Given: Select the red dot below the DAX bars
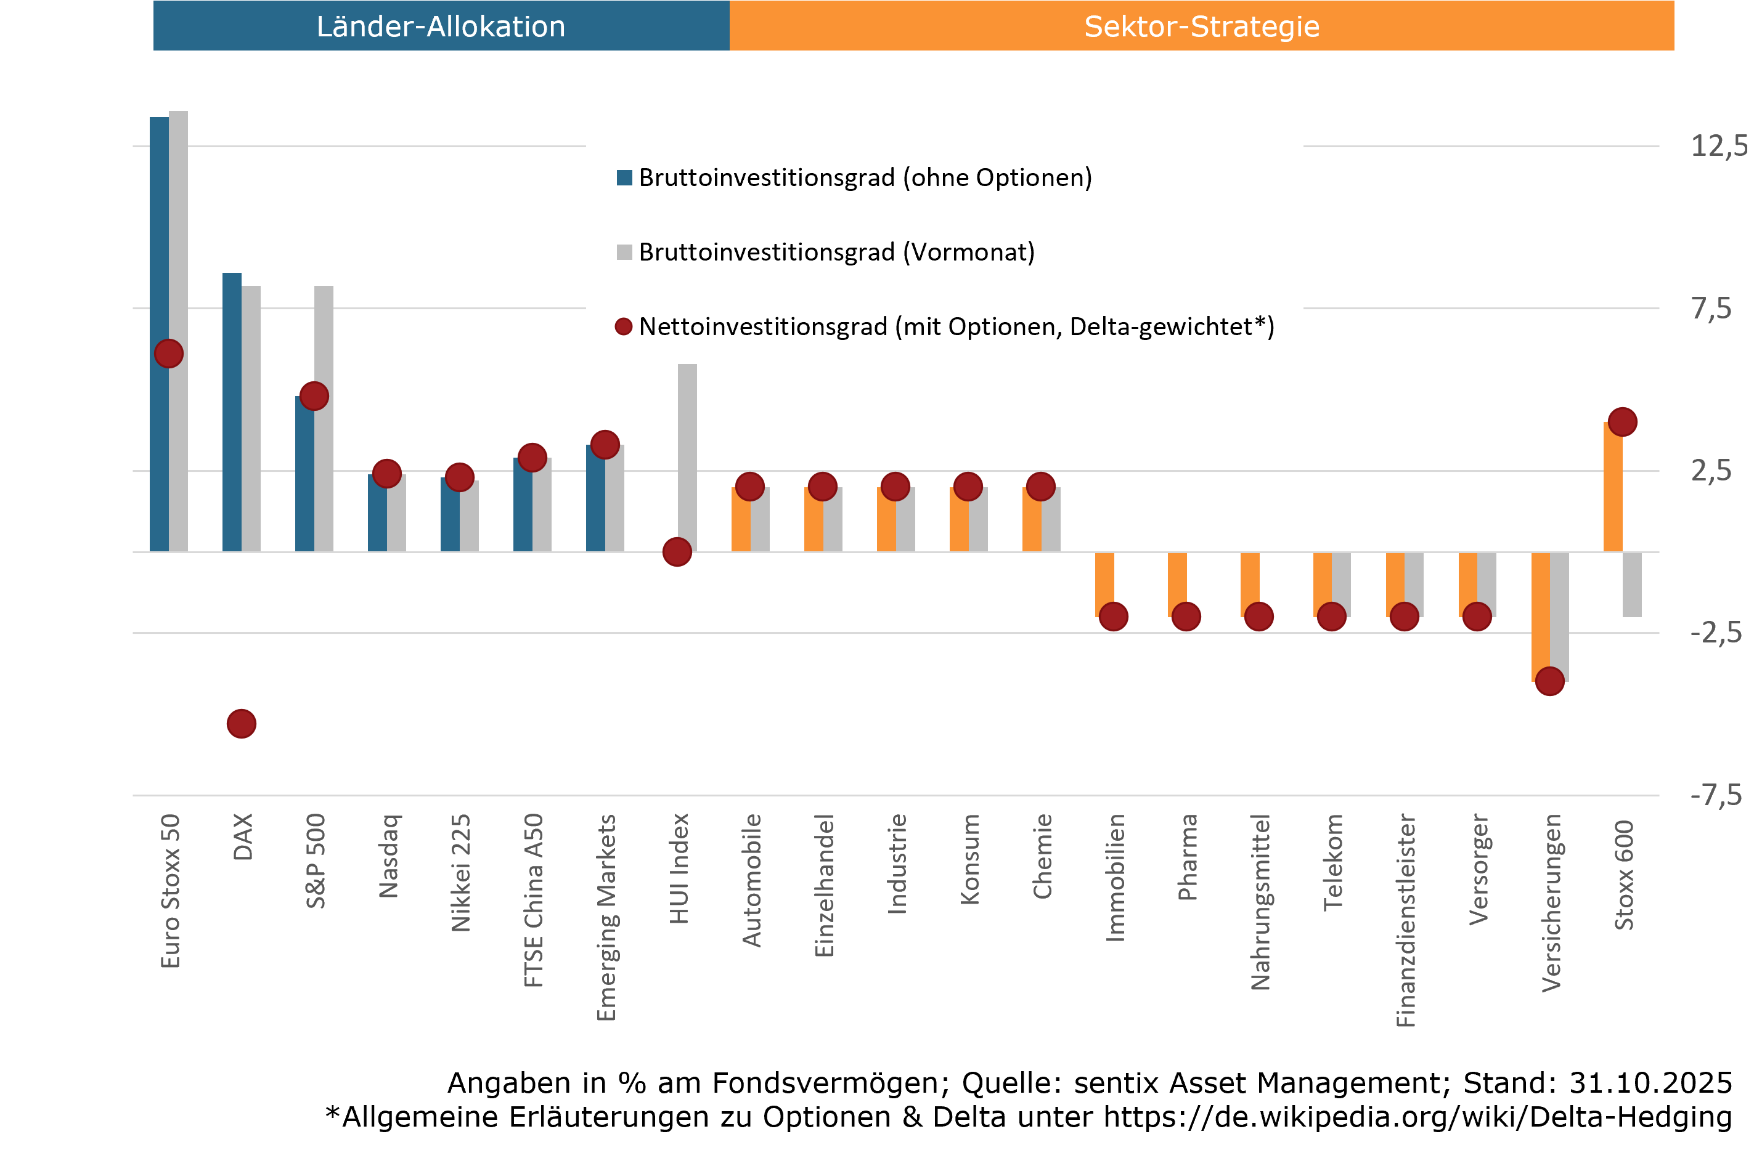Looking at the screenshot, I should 241,724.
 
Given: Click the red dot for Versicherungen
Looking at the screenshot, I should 1549,681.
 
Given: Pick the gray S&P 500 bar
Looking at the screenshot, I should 324,339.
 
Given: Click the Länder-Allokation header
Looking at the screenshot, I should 441,26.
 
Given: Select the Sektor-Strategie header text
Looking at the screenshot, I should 1201,26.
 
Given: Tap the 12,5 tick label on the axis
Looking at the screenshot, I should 1717,146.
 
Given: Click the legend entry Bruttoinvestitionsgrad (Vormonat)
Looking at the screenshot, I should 836,253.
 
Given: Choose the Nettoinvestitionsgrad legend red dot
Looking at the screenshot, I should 624,327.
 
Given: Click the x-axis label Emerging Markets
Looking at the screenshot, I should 606,917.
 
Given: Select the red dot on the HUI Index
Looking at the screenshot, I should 677,553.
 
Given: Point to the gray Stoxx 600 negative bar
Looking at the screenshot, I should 1631,584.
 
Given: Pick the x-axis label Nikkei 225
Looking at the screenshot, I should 460,873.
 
